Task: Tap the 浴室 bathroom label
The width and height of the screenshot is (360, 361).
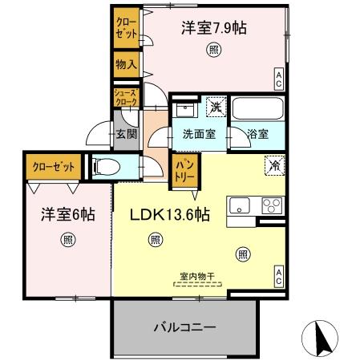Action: tap(258, 135)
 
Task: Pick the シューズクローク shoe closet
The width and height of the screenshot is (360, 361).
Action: tap(126, 98)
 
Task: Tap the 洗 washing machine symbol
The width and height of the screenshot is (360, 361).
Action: tap(215, 106)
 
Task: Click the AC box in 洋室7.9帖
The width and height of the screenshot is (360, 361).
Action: tap(278, 78)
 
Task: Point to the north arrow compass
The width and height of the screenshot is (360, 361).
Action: tap(321, 338)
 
